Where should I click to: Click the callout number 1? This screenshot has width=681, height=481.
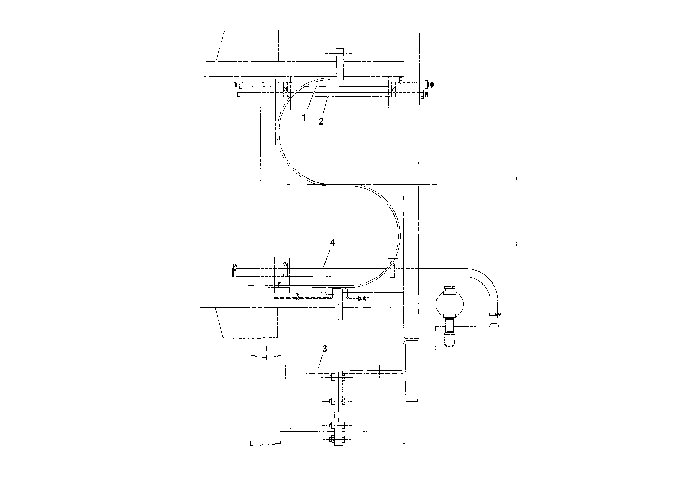[304, 117]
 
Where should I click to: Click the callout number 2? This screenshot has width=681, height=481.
[321, 121]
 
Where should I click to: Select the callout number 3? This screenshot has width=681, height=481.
[324, 349]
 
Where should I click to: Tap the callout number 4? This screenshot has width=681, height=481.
[332, 243]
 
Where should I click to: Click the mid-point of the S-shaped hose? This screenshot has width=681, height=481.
[340, 185]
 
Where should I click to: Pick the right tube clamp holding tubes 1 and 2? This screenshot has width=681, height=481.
[393, 89]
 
